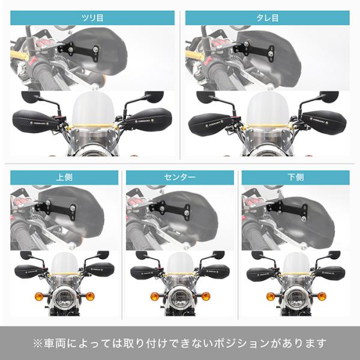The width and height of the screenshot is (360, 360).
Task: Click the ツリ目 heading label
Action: point(92,18)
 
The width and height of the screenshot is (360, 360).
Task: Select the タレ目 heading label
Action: point(268,18)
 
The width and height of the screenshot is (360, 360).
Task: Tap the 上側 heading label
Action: point(64,177)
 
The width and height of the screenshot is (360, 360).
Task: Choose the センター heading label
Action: point(180,177)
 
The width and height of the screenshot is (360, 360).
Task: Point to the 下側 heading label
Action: point(296,177)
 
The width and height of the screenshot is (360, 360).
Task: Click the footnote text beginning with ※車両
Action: point(180,343)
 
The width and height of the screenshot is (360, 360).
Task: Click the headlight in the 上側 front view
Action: point(64,298)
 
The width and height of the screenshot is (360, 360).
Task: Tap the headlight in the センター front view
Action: point(180,298)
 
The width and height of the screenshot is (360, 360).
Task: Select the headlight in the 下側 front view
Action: point(296,298)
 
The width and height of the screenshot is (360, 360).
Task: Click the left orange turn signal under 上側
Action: point(39,296)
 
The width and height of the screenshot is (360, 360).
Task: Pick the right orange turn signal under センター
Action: point(206,296)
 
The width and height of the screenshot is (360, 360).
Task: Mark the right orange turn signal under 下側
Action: point(322,296)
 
